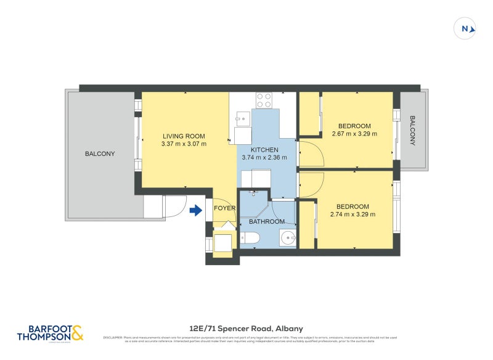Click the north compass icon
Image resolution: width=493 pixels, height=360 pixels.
tap(466, 28)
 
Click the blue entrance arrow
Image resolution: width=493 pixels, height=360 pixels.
tap(195, 211)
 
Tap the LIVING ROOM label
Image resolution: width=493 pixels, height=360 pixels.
tap(184, 136)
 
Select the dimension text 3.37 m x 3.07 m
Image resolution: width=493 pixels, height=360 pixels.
tap(184, 144)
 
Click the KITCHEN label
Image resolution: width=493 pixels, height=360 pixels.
tap(264, 150)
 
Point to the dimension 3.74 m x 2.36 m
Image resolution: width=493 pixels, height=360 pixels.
tap(264, 158)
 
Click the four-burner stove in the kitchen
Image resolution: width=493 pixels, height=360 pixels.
tap(264, 98)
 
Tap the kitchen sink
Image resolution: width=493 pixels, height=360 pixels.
tap(242, 115)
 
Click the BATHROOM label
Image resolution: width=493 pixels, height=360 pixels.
tap(267, 221)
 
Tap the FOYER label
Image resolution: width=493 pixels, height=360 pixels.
tap(224, 208)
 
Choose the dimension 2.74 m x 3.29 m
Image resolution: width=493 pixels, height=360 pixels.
tap(352, 215)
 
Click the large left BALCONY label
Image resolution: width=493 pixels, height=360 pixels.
tap(100, 153)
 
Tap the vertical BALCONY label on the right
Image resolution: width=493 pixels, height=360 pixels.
tap(412, 131)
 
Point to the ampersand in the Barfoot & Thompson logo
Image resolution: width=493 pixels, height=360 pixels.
tap(76, 333)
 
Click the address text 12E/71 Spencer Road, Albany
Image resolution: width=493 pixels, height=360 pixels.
tap(246, 329)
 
